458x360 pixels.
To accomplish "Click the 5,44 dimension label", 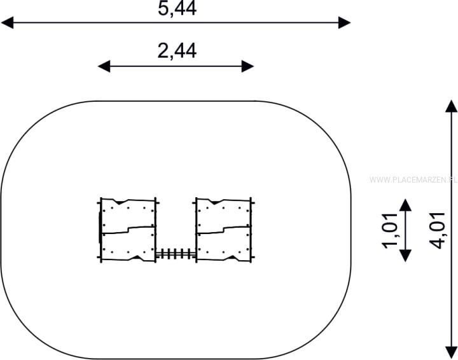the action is pyautogui.click(x=177, y=8).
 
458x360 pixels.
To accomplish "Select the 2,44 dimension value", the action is pyautogui.click(x=177, y=51).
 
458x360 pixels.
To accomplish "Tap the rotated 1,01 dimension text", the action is pyautogui.click(x=390, y=231).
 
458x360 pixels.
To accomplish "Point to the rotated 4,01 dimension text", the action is pyautogui.click(x=438, y=231).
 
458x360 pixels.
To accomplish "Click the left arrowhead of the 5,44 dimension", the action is pyautogui.click(x=7, y=22).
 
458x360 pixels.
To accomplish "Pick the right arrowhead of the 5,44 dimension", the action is pyautogui.click(x=344, y=22).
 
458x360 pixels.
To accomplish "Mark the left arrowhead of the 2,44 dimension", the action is pyautogui.click(x=104, y=66).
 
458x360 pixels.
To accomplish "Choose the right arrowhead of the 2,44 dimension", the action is pyautogui.click(x=247, y=66).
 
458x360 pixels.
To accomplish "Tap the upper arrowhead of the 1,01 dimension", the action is pyautogui.click(x=405, y=205).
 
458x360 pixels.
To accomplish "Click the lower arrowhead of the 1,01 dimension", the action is pyautogui.click(x=405, y=256).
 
